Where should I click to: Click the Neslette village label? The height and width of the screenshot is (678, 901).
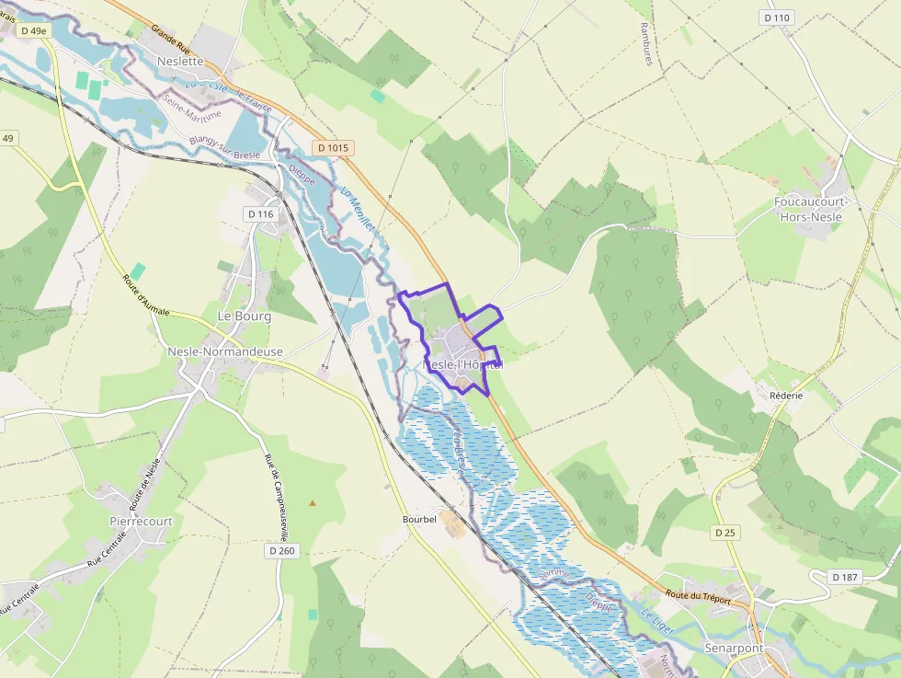coord(180,62)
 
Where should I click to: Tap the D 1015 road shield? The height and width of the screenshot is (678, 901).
coord(333,147)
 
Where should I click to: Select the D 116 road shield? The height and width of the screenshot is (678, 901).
coord(260,214)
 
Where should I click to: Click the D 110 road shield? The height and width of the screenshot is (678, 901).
coord(777,17)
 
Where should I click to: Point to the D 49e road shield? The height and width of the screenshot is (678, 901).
coord(33,30)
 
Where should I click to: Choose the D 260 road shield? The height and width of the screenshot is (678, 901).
coord(283,550)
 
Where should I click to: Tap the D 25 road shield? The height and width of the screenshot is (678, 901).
coord(725,533)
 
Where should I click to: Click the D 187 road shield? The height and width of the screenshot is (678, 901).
coord(844,577)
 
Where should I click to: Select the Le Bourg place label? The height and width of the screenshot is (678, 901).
coord(244,316)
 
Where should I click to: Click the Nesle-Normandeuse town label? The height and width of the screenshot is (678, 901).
coord(225,351)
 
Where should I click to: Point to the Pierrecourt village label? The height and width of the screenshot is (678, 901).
coord(141,521)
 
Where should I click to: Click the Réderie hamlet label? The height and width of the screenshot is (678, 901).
coord(786,395)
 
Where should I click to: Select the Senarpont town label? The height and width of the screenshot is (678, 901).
coord(733,649)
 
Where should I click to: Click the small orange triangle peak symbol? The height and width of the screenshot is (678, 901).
coord(313,502)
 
